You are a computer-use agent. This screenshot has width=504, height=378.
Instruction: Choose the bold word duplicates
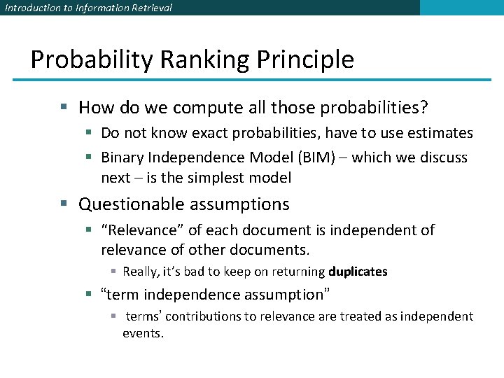tap(358, 272)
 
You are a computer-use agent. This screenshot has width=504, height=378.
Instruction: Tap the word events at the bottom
tap(143, 333)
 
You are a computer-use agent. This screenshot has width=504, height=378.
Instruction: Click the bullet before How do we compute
tap(64, 108)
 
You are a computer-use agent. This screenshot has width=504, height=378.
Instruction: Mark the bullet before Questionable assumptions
tap(64, 204)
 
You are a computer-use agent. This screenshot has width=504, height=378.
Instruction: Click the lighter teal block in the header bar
tap(461, 8)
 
